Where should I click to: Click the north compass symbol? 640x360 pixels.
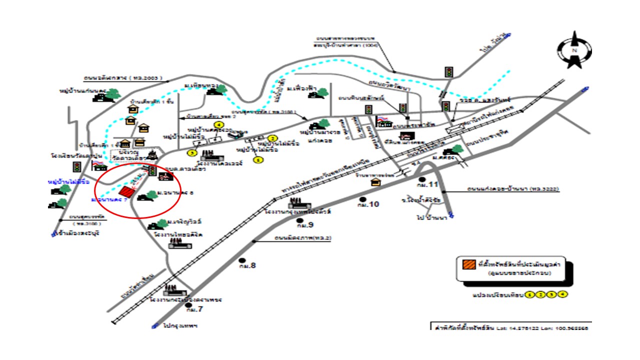click(574, 49)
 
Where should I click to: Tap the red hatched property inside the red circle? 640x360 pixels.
click(127, 192)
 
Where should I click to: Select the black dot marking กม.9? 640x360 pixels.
click(300, 220)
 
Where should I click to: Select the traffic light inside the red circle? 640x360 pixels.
click(152, 171)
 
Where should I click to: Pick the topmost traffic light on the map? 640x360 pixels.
click(448, 71)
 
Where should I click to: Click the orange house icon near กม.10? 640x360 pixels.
click(374, 182)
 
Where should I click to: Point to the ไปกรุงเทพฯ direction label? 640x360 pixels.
click(180, 325)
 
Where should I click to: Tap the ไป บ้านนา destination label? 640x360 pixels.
click(431, 218)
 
